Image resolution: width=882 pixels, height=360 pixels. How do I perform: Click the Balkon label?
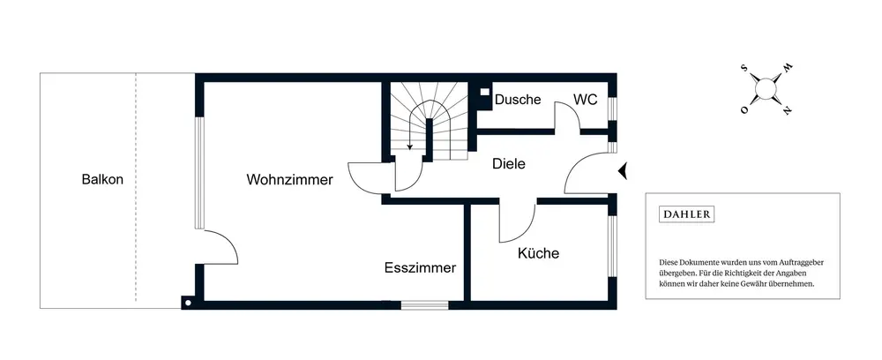point(102,179)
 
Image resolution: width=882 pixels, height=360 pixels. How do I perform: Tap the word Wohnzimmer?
point(289,180)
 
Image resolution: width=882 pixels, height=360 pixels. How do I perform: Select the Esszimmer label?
point(420,268)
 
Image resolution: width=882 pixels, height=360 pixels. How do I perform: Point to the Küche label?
point(538,253)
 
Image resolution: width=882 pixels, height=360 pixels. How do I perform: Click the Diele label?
point(509,163)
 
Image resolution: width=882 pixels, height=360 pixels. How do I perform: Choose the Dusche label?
point(518,100)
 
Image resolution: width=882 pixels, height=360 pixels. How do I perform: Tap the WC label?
point(586,100)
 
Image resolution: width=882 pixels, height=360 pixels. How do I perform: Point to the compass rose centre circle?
point(766,88)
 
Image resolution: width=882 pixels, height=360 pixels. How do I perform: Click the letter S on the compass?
point(745,67)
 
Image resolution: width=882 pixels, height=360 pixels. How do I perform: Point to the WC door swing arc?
point(566,116)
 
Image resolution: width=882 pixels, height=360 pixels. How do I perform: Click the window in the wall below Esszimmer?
point(425,305)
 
